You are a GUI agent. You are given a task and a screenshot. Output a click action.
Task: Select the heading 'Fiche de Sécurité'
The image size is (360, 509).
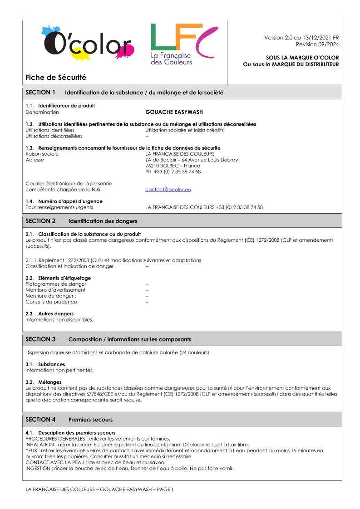click(x=49, y=78)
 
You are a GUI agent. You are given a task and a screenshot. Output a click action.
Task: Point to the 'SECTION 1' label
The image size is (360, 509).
click(x=40, y=93)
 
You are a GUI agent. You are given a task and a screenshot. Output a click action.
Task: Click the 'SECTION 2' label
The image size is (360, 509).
click(x=40, y=221)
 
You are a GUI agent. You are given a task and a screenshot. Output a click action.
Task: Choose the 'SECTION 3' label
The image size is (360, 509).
click(x=40, y=339)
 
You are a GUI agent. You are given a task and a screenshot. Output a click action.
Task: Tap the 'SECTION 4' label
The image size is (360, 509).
click(x=40, y=419)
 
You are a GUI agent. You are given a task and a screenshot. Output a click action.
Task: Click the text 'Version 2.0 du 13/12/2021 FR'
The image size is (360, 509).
click(x=301, y=37)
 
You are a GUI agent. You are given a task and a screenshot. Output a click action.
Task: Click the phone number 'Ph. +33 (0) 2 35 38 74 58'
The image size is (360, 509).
click(x=173, y=172)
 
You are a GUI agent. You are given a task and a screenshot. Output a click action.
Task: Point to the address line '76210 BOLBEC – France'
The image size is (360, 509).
click(x=173, y=166)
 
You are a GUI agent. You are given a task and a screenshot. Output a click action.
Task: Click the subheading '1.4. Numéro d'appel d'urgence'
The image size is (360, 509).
click(x=64, y=201)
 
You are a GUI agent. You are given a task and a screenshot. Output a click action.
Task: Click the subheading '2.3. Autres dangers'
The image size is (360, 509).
click(x=49, y=313)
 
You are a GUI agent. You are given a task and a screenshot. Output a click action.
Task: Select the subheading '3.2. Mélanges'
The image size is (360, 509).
click(x=44, y=382)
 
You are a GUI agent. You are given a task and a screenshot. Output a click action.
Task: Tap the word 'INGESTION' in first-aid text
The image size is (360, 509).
click(x=38, y=468)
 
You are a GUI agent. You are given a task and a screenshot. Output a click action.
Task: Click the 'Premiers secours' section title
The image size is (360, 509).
click(x=91, y=420)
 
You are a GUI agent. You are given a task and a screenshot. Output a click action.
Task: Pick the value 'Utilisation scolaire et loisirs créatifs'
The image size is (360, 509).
click(x=184, y=130)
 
